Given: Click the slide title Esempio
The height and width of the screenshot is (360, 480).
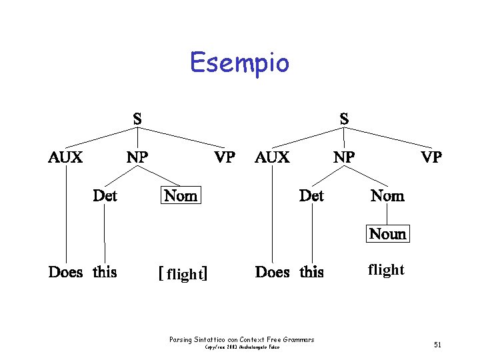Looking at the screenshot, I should (x=239, y=63).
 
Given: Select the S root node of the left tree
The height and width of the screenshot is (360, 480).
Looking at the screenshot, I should (x=137, y=119).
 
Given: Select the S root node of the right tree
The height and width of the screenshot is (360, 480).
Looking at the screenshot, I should (x=344, y=119).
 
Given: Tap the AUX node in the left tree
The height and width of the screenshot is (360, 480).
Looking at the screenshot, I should (x=65, y=157).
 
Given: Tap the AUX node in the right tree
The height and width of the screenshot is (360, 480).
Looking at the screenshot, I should (x=272, y=157).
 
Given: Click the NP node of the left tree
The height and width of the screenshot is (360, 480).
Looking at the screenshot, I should (x=137, y=157).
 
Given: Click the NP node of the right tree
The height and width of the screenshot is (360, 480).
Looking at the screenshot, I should (x=344, y=157).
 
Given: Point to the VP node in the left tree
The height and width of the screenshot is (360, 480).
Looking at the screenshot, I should (x=224, y=157).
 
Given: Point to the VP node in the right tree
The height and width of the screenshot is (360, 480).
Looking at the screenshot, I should (x=431, y=157).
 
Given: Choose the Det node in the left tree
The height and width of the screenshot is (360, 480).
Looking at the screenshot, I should (x=105, y=195).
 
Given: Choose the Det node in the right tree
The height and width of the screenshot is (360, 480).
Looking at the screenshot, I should (x=311, y=195).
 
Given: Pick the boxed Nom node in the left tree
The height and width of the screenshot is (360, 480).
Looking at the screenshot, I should (x=181, y=195).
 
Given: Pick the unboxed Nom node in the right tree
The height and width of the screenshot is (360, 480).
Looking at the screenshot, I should (x=387, y=195).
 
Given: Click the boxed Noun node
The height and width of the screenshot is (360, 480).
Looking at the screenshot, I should (x=387, y=234).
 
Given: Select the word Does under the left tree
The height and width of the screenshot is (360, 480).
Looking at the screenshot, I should (x=65, y=272).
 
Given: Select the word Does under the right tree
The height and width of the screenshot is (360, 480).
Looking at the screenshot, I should (x=273, y=272).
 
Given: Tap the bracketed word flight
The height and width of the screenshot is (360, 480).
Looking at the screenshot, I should (x=183, y=273).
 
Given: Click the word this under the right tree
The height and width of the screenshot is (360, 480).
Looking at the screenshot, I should (x=311, y=272).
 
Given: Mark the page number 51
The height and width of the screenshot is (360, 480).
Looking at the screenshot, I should (x=437, y=345).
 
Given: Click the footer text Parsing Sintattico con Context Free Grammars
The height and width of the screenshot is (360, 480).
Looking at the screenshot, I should (x=242, y=340).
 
